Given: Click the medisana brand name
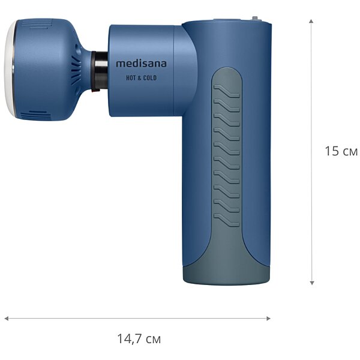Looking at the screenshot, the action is click(141, 64).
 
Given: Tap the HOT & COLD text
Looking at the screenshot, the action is click(141, 78).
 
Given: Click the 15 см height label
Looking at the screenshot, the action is click(341, 151).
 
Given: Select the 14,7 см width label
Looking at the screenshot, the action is click(139, 338).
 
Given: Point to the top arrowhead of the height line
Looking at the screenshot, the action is click(311, 22).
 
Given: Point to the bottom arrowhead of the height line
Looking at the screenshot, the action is click(311, 283).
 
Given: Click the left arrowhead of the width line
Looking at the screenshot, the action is click(7, 319).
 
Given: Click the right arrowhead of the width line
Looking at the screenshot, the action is click(268, 319).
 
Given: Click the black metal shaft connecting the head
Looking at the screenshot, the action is click(100, 70).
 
